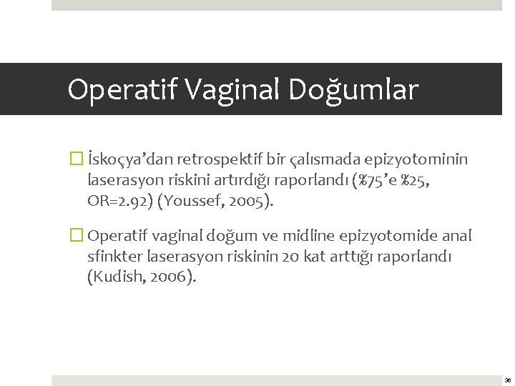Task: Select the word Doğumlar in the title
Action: tap(353, 90)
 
